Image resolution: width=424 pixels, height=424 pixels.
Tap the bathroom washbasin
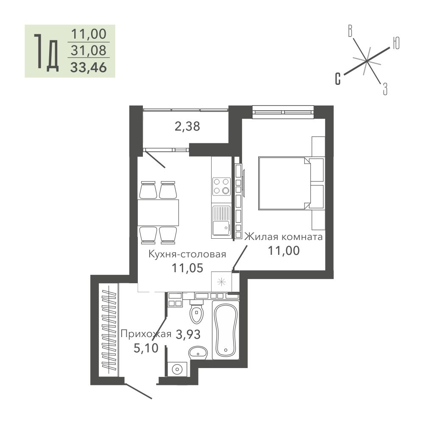click(x=198, y=353)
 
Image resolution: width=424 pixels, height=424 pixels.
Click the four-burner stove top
click(x=221, y=186)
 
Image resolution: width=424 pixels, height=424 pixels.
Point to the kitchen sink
click(x=221, y=220)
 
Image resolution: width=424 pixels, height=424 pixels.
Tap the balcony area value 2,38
click(x=187, y=126)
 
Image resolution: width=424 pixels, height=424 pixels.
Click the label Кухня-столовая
click(x=187, y=254)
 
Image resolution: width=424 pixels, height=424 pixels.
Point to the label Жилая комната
click(x=283, y=237)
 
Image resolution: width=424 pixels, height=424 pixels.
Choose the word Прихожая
click(x=146, y=334)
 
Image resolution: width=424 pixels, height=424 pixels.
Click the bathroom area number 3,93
click(x=188, y=335)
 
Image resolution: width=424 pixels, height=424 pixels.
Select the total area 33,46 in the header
click(x=89, y=67)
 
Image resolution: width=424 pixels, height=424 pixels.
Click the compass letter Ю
click(x=396, y=43)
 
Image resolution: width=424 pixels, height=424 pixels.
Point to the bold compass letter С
click(x=338, y=79)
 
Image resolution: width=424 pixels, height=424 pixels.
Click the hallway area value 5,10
click(x=146, y=348)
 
